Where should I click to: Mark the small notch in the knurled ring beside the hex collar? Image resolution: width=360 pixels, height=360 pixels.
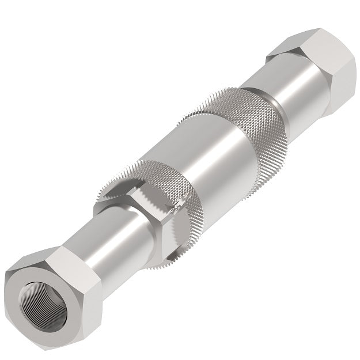click(x=181, y=199)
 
